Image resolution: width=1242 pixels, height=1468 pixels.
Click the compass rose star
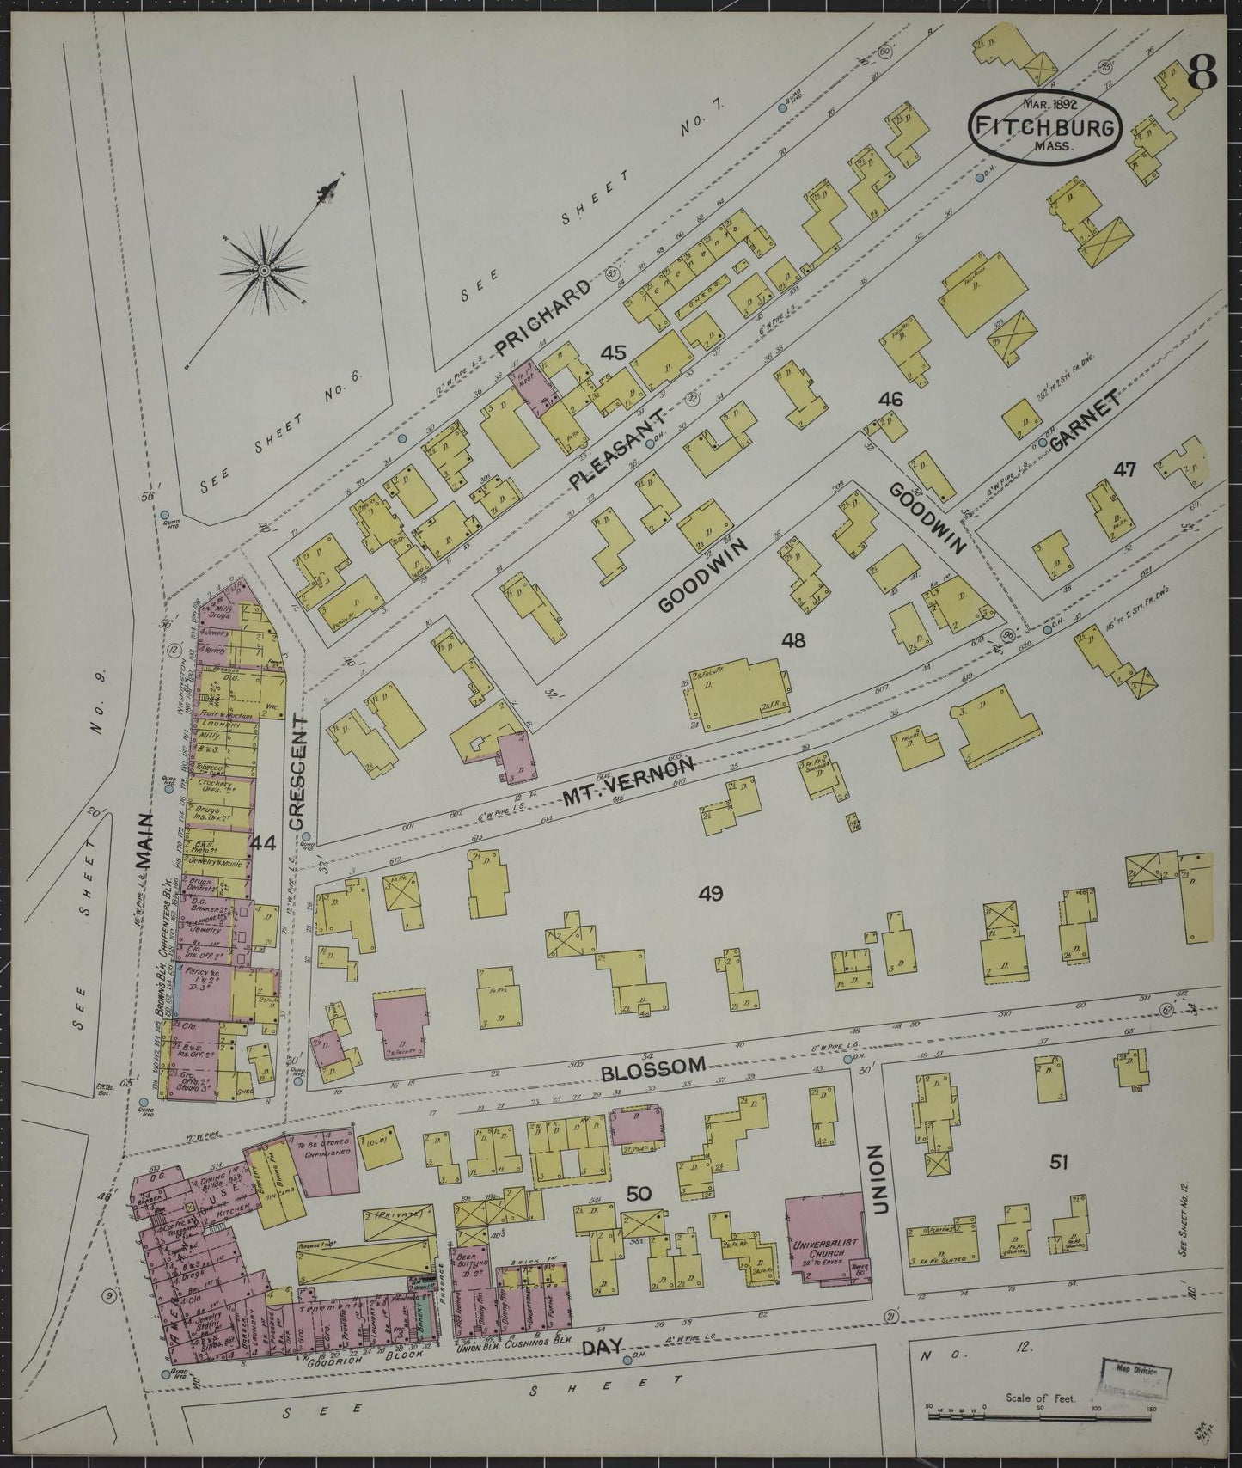pyautogui.click(x=263, y=270)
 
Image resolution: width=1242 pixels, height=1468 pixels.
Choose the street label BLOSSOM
pyautogui.click(x=653, y=1065)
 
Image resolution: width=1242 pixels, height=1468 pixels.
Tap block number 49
pyautogui.click(x=710, y=894)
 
